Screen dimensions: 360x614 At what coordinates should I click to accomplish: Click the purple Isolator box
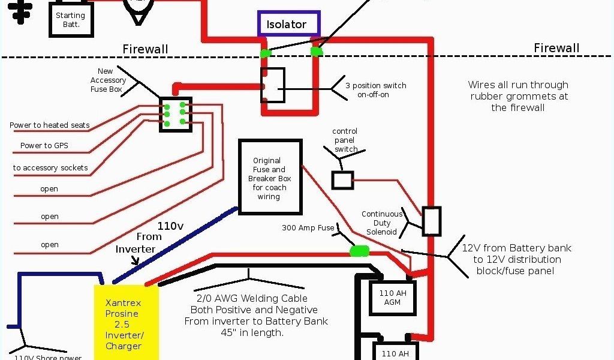[x=289, y=24]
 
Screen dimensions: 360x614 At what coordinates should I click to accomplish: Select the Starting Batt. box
[x=70, y=20]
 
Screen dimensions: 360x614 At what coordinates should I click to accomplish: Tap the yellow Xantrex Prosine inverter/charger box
[x=127, y=320]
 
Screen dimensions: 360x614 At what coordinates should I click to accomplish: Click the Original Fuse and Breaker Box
[x=269, y=177]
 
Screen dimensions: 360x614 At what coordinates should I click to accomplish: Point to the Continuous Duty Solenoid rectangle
[x=432, y=221]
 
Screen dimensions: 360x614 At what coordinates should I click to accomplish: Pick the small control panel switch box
[x=342, y=180]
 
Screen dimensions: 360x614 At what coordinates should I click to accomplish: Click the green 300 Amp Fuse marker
[x=360, y=251]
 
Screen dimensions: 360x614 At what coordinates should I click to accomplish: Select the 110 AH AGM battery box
[x=392, y=298]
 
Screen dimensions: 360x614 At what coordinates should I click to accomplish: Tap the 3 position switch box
[x=273, y=85]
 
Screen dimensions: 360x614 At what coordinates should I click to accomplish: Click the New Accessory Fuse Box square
[x=175, y=114]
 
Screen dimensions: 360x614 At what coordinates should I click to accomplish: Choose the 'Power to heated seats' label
[x=49, y=125]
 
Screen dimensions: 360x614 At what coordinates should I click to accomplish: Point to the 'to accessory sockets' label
[x=50, y=168]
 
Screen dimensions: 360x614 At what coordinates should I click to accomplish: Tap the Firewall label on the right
[x=557, y=48]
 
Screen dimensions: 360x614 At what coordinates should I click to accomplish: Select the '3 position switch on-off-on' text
[x=376, y=90]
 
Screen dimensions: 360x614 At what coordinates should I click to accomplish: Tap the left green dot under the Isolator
[x=264, y=54]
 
